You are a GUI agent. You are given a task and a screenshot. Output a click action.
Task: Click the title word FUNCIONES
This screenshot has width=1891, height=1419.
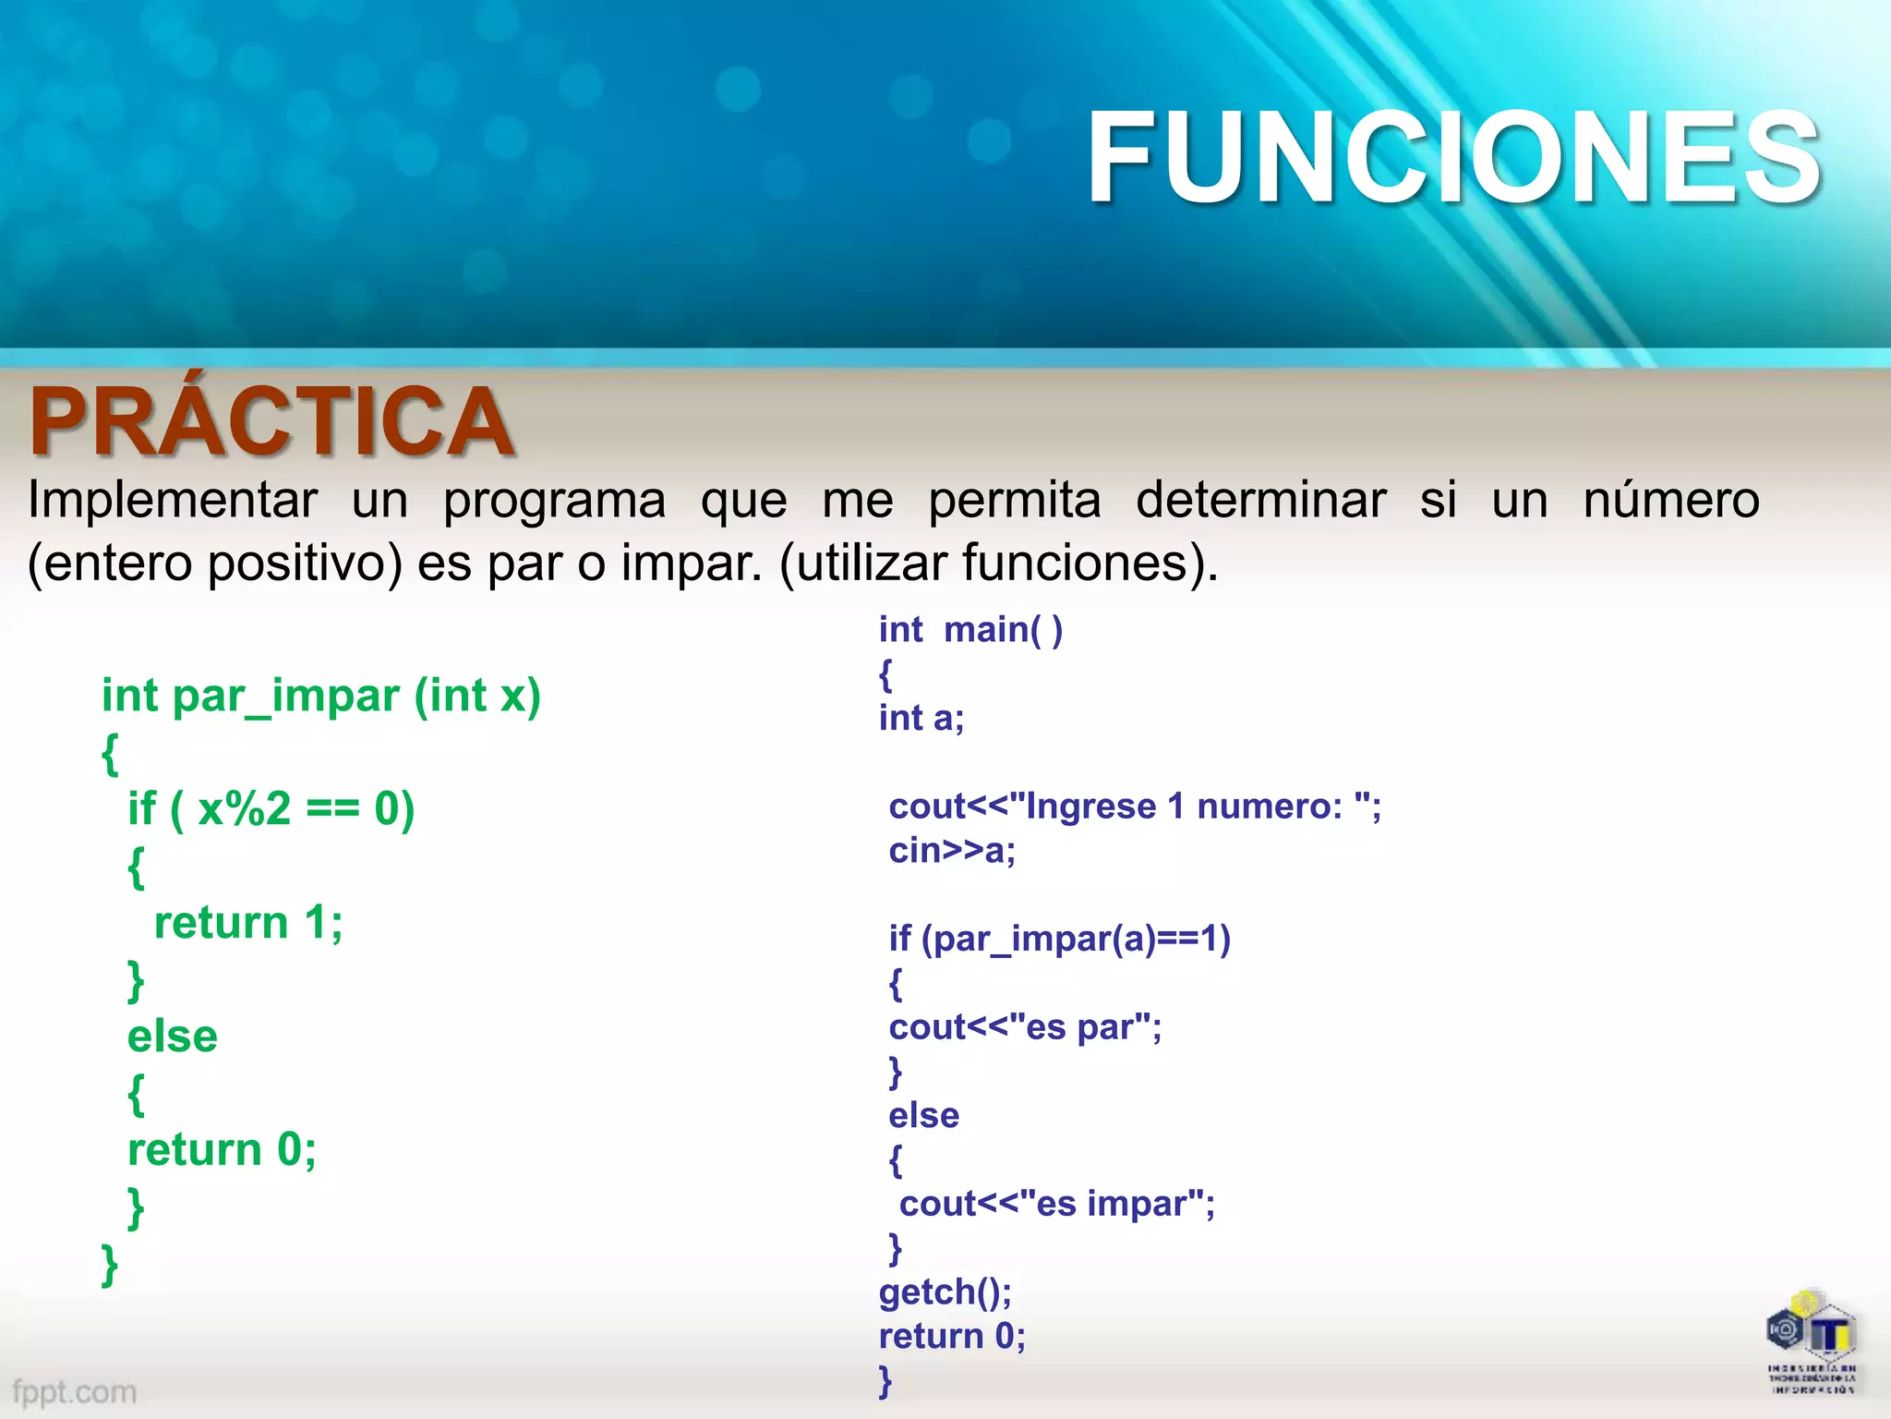point(1453,157)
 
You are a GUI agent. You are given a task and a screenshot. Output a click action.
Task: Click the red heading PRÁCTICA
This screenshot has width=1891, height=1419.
point(271,421)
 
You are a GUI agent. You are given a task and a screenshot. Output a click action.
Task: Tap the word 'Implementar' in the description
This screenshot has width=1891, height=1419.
point(173,501)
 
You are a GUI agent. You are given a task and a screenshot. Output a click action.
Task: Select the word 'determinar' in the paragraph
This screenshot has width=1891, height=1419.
point(1260,501)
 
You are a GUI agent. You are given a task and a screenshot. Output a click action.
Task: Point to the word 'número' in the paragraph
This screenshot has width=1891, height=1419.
point(1670,501)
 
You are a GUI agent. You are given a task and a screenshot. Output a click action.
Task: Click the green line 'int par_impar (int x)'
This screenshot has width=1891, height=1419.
point(320,696)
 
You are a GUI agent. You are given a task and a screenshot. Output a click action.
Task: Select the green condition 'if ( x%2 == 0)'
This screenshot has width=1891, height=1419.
point(271,809)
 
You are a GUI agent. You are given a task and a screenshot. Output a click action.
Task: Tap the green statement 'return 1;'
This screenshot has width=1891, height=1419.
point(248,923)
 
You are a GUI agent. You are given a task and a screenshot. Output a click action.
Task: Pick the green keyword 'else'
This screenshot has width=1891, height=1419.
point(173,1037)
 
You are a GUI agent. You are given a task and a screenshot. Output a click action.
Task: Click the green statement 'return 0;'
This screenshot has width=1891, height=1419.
point(222,1150)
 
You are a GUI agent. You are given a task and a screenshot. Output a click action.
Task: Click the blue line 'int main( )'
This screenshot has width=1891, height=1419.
point(970,630)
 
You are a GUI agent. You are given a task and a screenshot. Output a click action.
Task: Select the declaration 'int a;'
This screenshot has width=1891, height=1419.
point(921,718)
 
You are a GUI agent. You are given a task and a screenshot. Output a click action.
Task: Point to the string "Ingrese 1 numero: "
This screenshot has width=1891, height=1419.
point(1191,807)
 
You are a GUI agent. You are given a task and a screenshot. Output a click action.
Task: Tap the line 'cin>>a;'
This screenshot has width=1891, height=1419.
point(951,850)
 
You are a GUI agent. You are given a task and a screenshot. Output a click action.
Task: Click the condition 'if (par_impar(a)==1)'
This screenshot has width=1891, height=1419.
point(1059,939)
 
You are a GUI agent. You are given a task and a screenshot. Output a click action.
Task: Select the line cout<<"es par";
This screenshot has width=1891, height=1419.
point(1024,1027)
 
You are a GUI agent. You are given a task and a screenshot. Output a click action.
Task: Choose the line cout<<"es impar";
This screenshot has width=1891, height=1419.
point(1056,1204)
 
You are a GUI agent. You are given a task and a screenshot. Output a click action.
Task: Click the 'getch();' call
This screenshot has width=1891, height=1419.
point(945,1292)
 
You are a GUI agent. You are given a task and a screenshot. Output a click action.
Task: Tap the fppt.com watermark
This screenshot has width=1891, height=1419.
point(75,1391)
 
